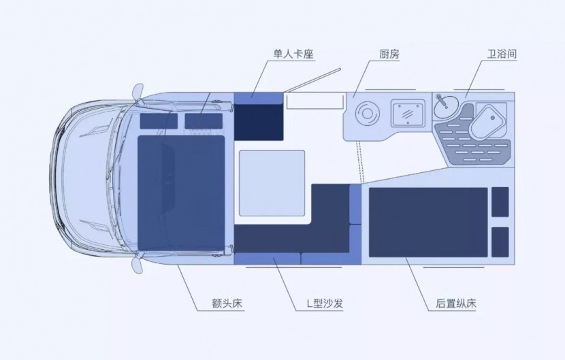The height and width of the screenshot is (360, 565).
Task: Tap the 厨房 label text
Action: coord(389,54)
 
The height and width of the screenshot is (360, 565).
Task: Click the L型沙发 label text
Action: coord(320,304)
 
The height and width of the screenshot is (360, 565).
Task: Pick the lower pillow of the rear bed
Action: coord(500,242)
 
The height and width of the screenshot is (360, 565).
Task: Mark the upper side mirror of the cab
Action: coord(138,91)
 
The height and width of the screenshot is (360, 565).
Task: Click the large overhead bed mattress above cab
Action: coord(182,192)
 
